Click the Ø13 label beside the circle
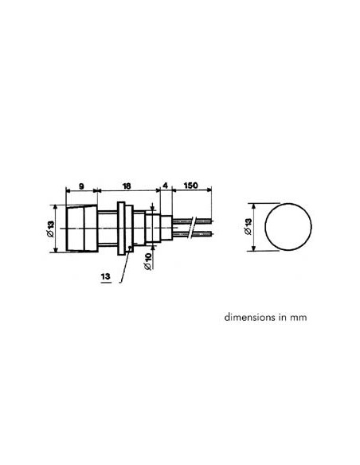[248, 227]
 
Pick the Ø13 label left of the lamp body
[51, 229]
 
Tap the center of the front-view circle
[287, 227]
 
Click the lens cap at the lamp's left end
[78, 229]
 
